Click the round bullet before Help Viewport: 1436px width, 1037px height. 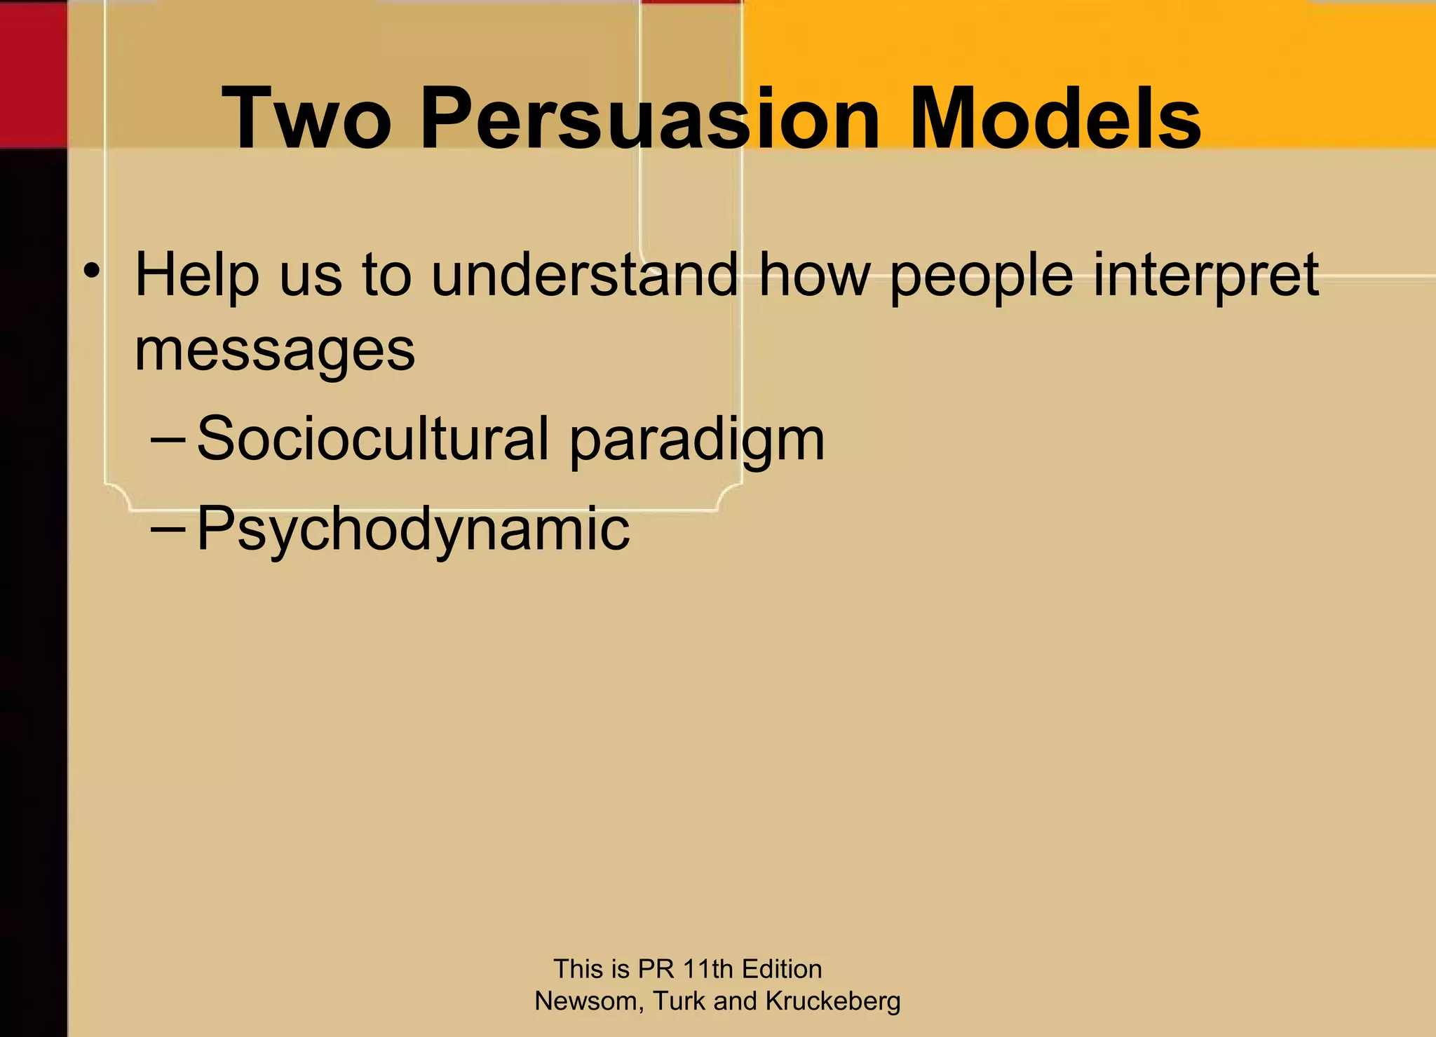coord(91,271)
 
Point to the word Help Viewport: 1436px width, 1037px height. coord(197,275)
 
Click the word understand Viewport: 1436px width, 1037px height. coord(584,275)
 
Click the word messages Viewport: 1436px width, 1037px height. coord(275,351)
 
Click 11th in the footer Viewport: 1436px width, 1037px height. coord(708,969)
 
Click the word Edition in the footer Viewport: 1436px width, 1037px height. coord(782,969)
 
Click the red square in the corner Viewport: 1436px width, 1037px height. coord(33,74)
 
